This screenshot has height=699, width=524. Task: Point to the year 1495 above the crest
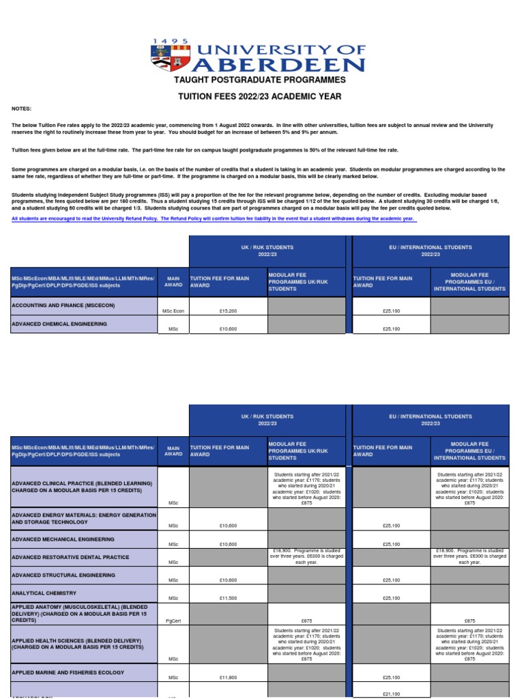[x=171, y=42]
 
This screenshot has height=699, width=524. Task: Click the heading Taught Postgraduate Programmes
[x=260, y=81]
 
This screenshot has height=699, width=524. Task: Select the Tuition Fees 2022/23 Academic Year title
[x=260, y=97]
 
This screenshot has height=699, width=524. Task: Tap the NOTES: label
[x=21, y=109]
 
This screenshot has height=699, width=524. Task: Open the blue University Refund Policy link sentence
[x=214, y=218]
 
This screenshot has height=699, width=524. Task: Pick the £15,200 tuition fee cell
[x=228, y=311]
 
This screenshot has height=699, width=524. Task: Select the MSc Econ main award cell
[x=173, y=311]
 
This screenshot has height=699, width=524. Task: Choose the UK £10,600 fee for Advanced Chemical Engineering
[x=228, y=329]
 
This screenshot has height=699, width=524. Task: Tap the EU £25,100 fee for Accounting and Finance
[x=391, y=311]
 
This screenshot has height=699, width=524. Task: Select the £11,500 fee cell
[x=228, y=598]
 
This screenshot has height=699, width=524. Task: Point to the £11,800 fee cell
[x=228, y=678]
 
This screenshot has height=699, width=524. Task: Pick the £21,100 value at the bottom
[x=391, y=694]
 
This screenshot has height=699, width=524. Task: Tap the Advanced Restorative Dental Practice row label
[x=70, y=557]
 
